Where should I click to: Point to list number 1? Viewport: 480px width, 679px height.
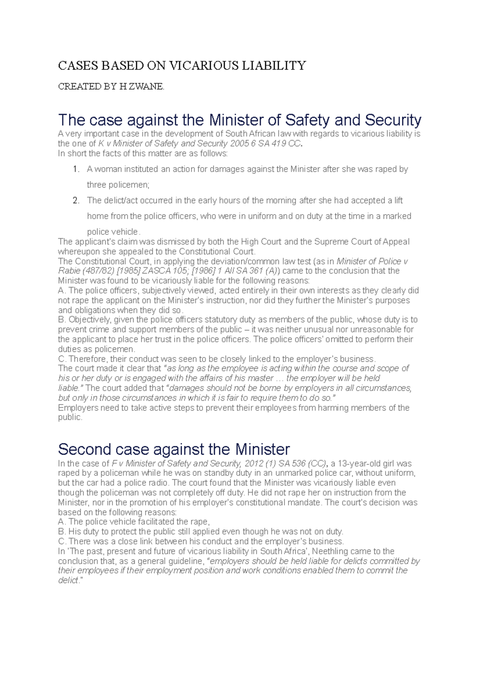[x=76, y=169]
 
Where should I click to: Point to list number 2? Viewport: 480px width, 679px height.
[x=76, y=200]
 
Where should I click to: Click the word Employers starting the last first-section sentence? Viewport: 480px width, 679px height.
[x=78, y=408]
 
